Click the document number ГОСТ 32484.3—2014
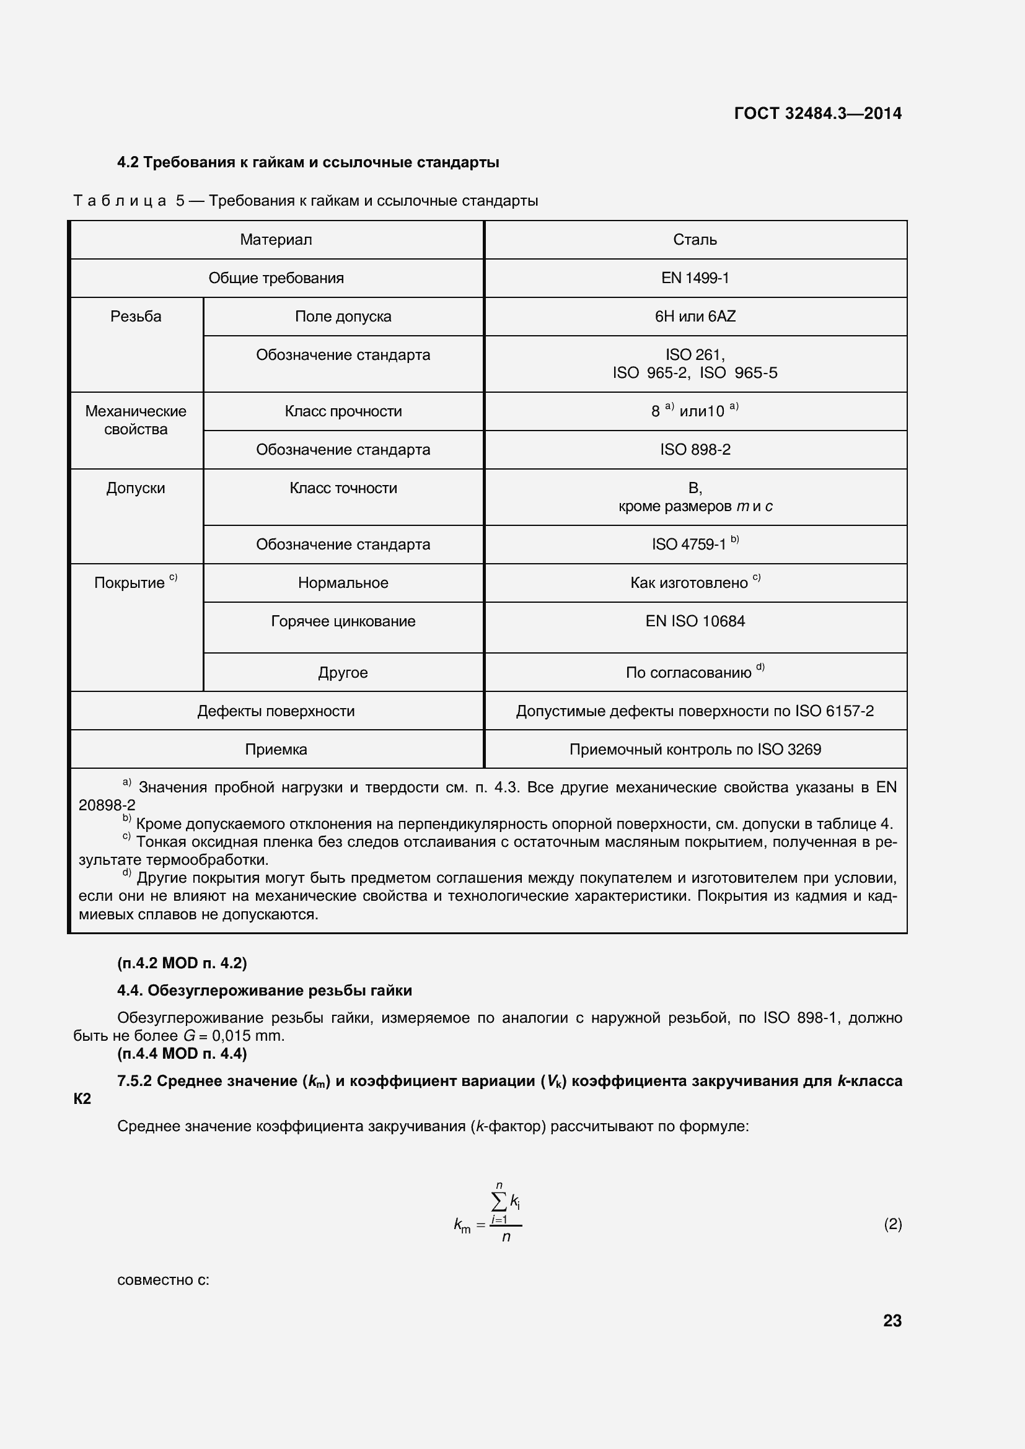point(817,113)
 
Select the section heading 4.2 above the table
point(308,162)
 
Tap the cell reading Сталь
point(694,240)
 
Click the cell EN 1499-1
point(694,278)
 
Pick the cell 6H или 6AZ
point(694,316)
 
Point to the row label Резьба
point(136,316)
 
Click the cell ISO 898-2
point(694,449)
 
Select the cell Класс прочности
point(343,411)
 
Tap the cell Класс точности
point(343,488)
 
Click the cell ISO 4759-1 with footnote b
point(694,544)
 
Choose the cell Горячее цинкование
point(343,621)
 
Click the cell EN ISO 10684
point(694,621)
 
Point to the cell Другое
point(343,672)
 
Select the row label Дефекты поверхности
point(276,711)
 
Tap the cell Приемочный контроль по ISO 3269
point(694,750)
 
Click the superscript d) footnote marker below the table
point(127,873)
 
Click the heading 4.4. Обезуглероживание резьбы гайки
point(265,990)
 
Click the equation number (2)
point(892,1224)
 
